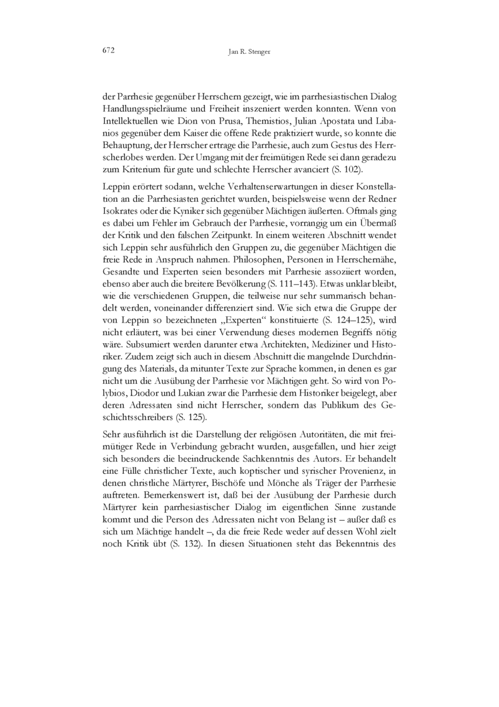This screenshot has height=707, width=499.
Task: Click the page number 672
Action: pos(110,51)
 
